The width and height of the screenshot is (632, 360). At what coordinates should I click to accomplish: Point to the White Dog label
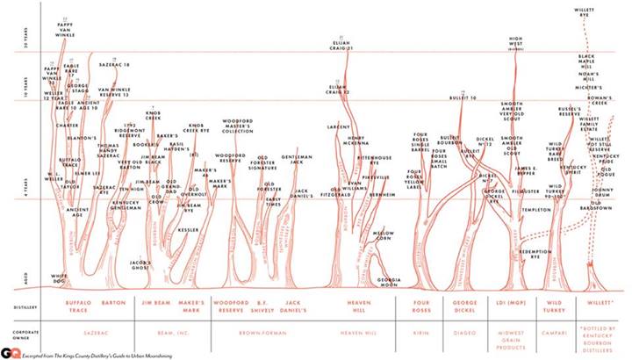(x=60, y=277)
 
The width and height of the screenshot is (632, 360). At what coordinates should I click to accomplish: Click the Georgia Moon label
(x=390, y=282)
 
